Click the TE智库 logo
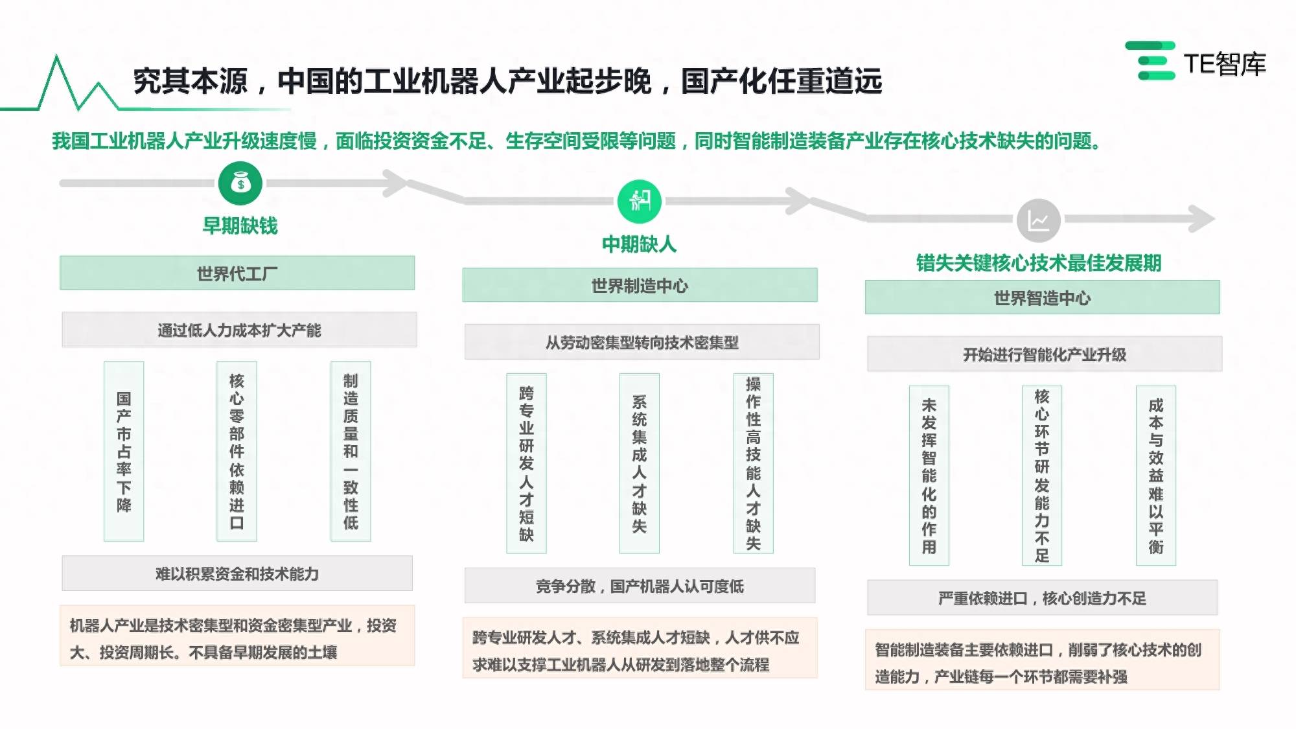(x=1196, y=62)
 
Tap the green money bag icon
(x=240, y=183)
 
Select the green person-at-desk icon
(x=640, y=202)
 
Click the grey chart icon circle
(x=1039, y=220)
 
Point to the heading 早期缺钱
(x=240, y=226)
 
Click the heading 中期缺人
(x=640, y=244)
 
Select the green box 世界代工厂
(x=237, y=273)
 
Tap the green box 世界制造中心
(x=640, y=285)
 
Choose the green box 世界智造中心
(x=1042, y=297)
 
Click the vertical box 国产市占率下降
(x=124, y=451)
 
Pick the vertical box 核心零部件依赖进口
(x=237, y=451)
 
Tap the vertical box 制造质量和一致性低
(x=351, y=451)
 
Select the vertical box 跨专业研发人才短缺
(x=526, y=463)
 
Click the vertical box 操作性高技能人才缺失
(x=753, y=463)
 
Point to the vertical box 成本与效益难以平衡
(x=1156, y=476)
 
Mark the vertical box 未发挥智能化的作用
(x=929, y=476)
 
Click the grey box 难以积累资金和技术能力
(x=237, y=573)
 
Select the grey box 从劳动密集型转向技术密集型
(x=642, y=342)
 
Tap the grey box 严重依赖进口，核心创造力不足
(x=1042, y=598)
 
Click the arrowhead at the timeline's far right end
(x=1202, y=219)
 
